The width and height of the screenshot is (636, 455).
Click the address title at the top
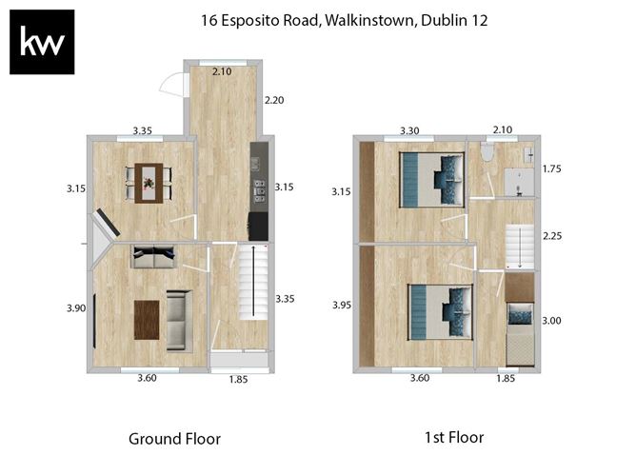tap(344, 20)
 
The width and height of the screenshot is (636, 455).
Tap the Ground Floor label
tap(174, 439)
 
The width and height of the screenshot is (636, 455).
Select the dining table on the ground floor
tap(148, 182)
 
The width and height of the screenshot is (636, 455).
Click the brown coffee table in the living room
tap(145, 319)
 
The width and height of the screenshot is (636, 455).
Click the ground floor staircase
tap(253, 282)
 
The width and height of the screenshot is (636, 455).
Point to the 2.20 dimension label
tap(274, 99)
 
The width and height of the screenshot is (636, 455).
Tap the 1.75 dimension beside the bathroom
tap(551, 169)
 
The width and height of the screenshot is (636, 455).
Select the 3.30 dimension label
tap(410, 129)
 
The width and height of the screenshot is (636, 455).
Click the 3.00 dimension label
tap(551, 321)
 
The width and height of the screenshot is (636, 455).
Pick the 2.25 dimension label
tap(551, 234)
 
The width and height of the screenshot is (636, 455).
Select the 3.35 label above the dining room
tap(143, 129)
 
